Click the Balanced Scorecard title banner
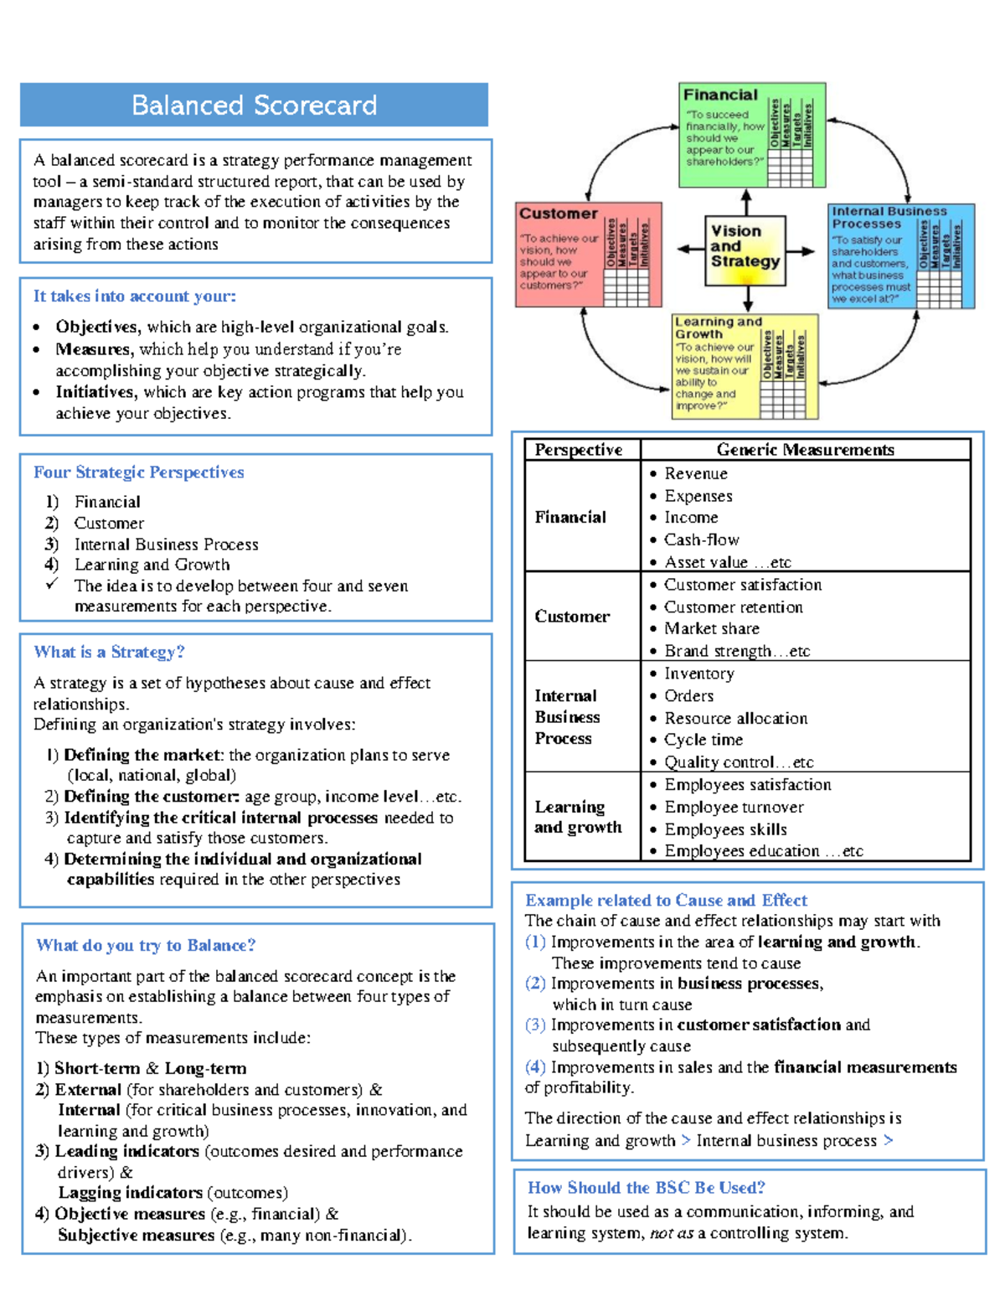254,105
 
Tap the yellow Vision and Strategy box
745,250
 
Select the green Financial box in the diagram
751,134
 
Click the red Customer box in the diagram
588,254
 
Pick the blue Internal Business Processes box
900,256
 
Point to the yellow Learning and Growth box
745,366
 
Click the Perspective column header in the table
579,450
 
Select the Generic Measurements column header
805,450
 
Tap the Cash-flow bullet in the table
701,540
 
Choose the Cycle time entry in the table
703,740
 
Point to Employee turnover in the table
734,807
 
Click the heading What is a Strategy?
109,652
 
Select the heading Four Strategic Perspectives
139,472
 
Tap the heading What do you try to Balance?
146,945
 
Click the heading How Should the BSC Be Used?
646,1187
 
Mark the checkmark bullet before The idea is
52,584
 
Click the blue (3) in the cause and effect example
535,1025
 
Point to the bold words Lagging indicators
130,1192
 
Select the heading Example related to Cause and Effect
666,900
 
